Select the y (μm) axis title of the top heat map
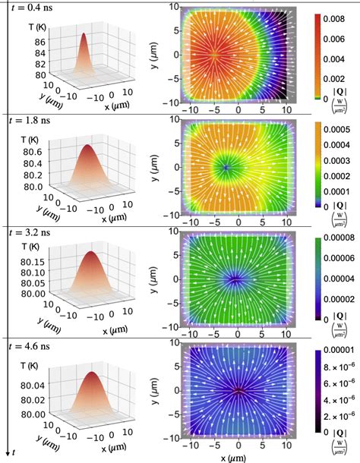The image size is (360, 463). (154, 54)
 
